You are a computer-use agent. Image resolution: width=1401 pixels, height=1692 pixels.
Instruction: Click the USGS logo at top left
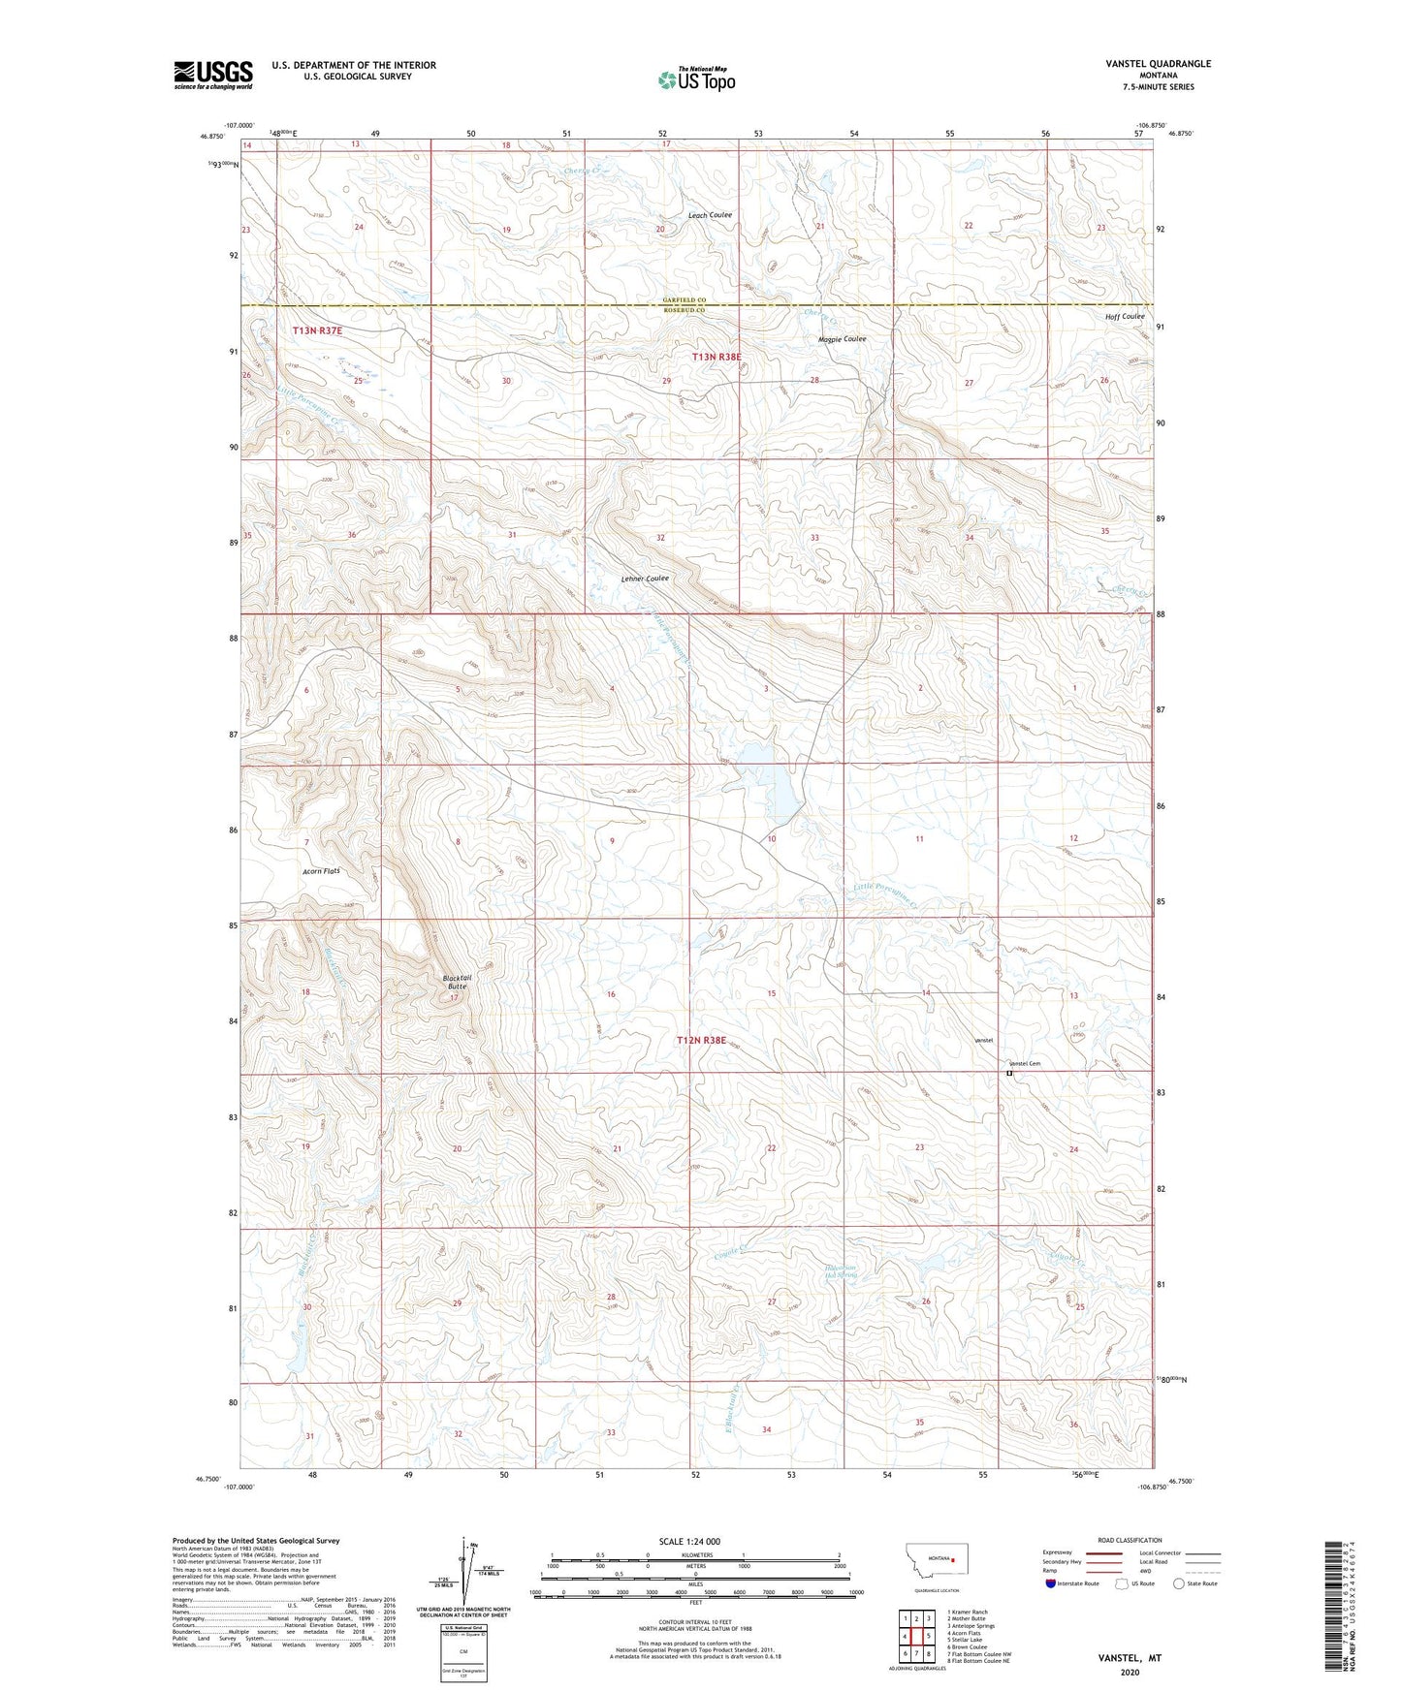[213, 75]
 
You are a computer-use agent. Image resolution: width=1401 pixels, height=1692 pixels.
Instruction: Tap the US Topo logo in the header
[696, 79]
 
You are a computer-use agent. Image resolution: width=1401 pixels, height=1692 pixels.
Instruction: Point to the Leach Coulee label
[710, 215]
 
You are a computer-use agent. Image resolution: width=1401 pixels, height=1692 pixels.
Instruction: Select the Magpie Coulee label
[842, 339]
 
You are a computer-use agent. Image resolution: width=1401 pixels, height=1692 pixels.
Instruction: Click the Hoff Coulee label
[1124, 317]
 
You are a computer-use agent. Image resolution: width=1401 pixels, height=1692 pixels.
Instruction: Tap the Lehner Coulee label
[645, 579]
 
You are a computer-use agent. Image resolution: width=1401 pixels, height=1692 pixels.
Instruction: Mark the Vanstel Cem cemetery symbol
[1008, 1073]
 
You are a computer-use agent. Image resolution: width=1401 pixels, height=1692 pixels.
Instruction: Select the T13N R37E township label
[318, 331]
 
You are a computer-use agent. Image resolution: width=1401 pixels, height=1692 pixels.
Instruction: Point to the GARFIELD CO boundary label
[685, 300]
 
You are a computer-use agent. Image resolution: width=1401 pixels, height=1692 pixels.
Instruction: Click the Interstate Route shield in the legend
[1051, 1583]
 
